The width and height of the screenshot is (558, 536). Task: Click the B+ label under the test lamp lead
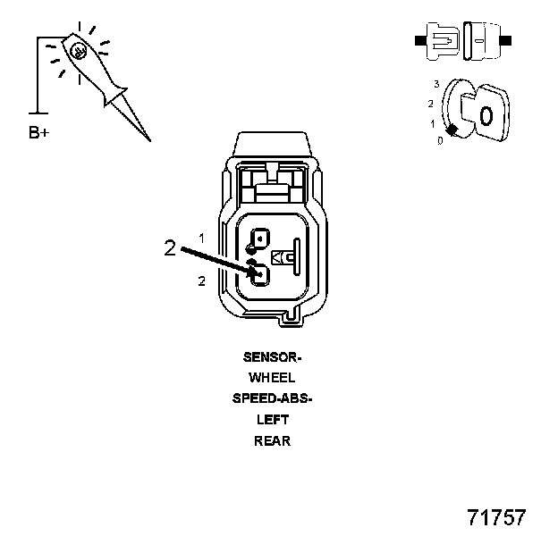point(39,134)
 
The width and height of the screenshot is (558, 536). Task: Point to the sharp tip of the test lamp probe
point(148,139)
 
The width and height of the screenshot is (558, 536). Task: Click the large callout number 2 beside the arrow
point(170,248)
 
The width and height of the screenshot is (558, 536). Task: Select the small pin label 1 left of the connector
point(202,239)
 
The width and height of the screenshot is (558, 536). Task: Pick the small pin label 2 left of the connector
point(202,281)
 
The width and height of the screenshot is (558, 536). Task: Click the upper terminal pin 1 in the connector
point(259,239)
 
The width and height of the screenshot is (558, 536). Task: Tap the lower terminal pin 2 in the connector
point(259,275)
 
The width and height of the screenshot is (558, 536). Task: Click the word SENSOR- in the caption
point(272,356)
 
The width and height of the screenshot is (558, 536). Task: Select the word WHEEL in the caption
point(272,378)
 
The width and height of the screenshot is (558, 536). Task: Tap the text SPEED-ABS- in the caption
point(272,398)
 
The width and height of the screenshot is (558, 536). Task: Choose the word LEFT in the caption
point(272,419)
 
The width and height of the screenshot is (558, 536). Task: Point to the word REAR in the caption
point(272,440)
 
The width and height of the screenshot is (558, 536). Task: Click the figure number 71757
point(497,517)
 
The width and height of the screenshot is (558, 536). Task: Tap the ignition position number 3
point(435,83)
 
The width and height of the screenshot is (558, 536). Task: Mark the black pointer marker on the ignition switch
point(452,131)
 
